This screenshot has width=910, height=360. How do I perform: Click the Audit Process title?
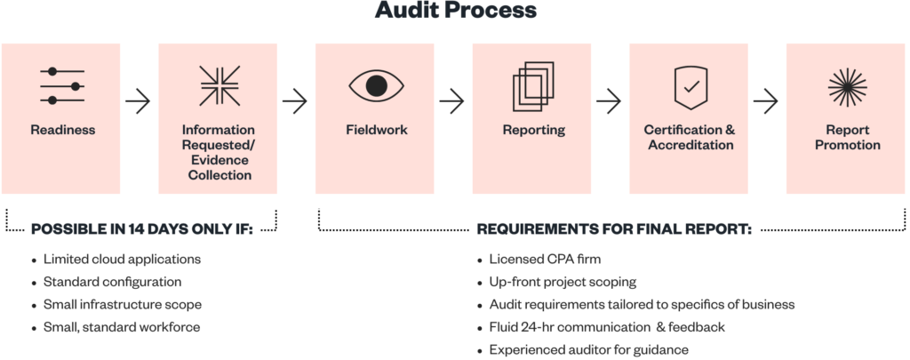455,11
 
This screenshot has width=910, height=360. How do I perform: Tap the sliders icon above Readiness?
62,85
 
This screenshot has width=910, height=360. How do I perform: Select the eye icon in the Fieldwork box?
376,85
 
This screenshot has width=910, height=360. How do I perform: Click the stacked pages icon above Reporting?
533,85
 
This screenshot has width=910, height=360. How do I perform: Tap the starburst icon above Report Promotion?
847,85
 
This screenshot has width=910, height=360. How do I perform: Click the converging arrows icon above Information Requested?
220,85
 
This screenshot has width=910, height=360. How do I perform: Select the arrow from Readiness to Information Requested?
139,101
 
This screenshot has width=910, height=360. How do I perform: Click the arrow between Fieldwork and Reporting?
452,101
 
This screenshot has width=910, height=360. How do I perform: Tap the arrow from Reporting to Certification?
610,101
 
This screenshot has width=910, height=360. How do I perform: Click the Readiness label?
62,130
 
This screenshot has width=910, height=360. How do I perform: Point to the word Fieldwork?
376,130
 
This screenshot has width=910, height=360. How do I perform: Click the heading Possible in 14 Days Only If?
142,228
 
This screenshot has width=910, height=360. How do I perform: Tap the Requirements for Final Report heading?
614,228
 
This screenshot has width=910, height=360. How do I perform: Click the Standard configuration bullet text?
112,282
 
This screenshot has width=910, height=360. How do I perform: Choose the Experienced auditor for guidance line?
588,350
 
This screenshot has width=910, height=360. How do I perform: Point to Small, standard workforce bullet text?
121,327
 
